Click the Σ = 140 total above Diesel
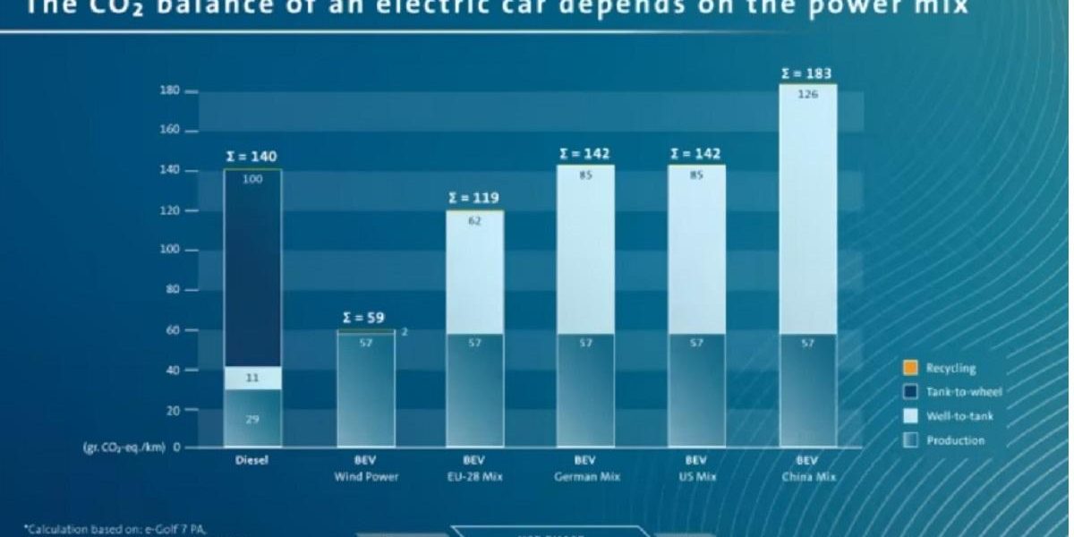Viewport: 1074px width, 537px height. click(x=251, y=157)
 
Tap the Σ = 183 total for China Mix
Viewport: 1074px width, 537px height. click(x=806, y=72)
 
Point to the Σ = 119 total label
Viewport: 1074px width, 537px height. click(x=473, y=198)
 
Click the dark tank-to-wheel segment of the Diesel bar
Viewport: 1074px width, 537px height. click(x=252, y=268)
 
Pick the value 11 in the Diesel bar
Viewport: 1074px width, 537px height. click(x=252, y=379)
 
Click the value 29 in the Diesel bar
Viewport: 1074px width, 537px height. click(x=252, y=419)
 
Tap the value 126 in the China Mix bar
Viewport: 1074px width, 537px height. click(x=807, y=94)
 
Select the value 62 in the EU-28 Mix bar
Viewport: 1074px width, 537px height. click(x=474, y=220)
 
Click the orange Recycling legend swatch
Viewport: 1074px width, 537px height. click(x=909, y=368)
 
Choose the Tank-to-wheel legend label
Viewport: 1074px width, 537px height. click(x=964, y=392)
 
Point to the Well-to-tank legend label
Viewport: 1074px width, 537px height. click(x=959, y=416)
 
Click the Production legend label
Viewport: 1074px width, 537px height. click(x=955, y=440)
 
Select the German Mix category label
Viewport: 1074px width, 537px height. click(x=584, y=477)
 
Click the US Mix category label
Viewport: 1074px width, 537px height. click(x=696, y=477)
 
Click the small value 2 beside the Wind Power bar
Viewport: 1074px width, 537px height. click(x=404, y=332)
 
